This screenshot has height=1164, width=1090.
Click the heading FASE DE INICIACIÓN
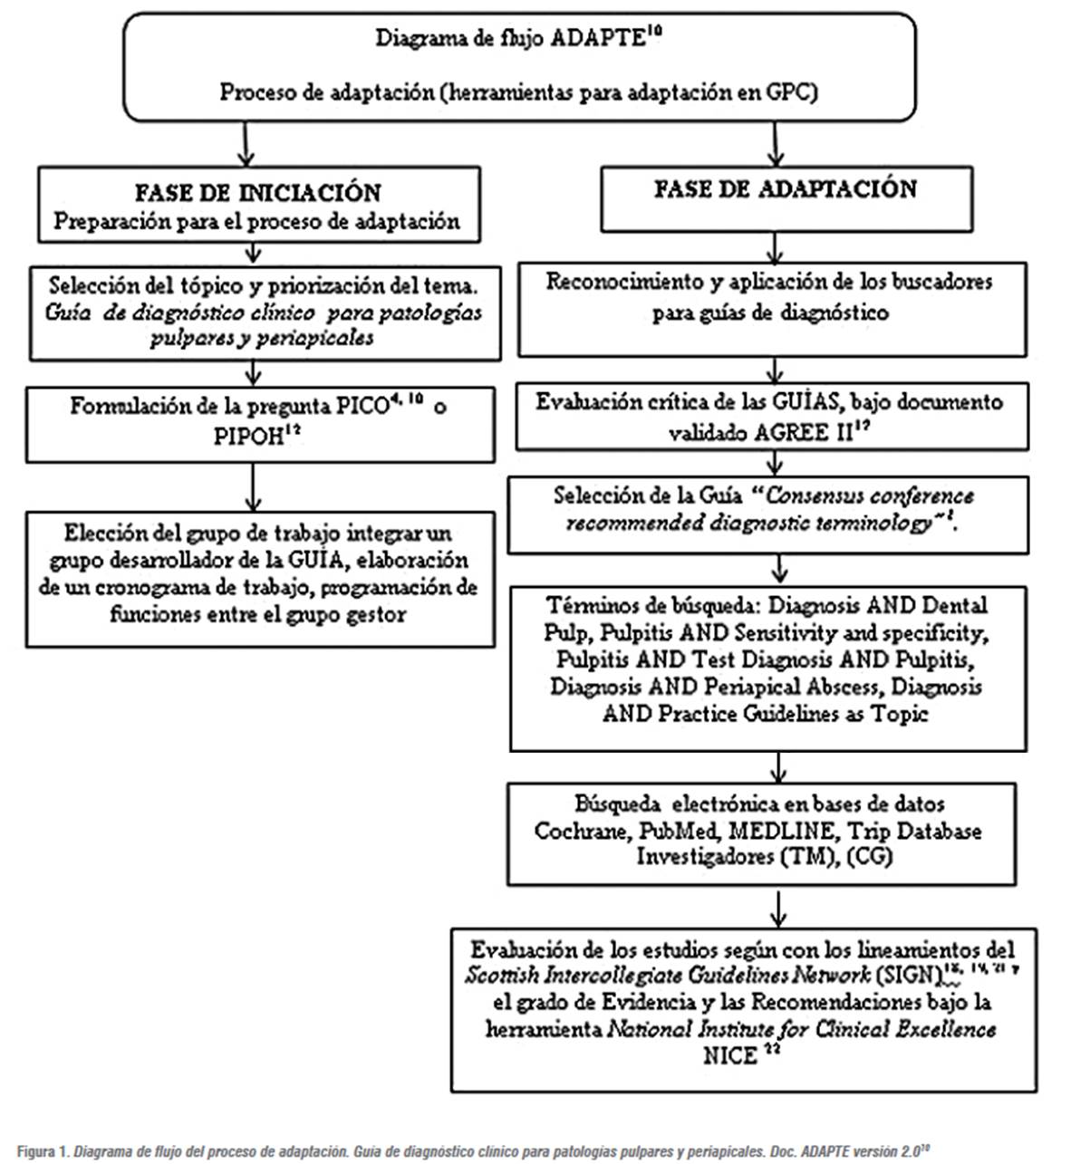click(258, 192)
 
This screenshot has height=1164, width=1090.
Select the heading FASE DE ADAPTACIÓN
click(786, 188)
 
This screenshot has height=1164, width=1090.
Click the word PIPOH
click(246, 436)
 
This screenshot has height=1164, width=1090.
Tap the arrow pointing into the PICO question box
click(254, 372)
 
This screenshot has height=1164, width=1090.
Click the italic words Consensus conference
click(870, 496)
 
